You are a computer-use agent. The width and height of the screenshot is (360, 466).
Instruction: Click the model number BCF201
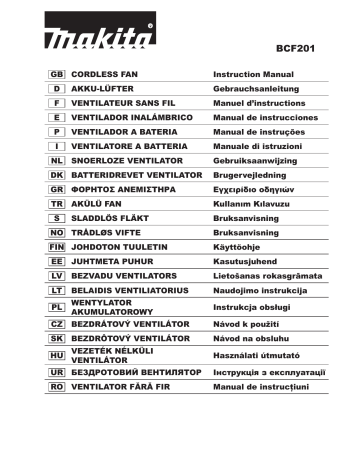pos(292,47)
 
